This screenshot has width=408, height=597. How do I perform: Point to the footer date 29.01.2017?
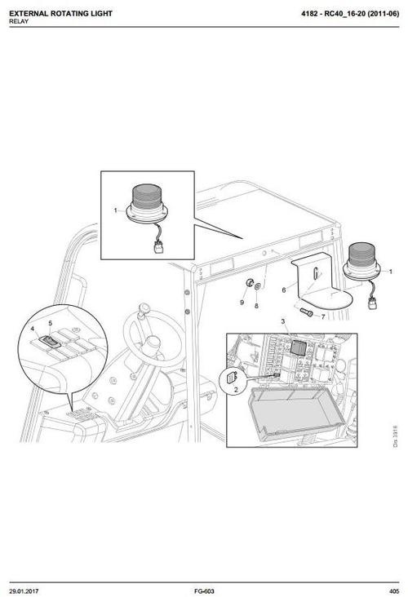point(26,590)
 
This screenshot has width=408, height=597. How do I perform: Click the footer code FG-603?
point(204,590)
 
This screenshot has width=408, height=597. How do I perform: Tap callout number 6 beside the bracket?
point(284,289)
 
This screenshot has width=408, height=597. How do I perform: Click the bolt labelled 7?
point(306,311)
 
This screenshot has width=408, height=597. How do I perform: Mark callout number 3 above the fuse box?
point(283,323)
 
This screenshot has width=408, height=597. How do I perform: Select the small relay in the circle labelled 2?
point(233,378)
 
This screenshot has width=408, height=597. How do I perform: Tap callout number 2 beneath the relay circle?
point(235,390)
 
